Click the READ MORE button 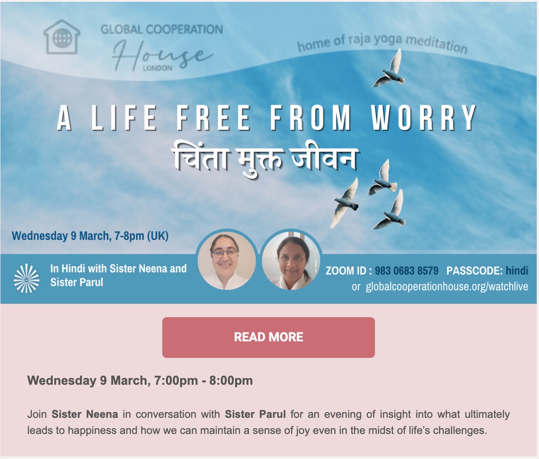[268, 337]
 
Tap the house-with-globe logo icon [62, 37]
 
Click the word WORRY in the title [424, 118]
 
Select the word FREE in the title [213, 118]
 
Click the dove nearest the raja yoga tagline [389, 69]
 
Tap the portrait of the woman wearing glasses [226, 260]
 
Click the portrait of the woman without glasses [291, 260]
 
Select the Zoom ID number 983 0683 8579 [407, 271]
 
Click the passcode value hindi [517, 271]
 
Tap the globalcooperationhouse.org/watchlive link [447, 286]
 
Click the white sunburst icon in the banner [27, 278]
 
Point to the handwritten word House [162, 56]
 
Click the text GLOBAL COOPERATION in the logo [162, 29]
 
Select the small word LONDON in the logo [157, 68]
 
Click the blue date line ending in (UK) [90, 236]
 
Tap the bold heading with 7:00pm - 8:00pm [140, 380]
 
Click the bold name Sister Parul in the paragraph [255, 414]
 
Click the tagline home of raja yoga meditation [382, 43]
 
